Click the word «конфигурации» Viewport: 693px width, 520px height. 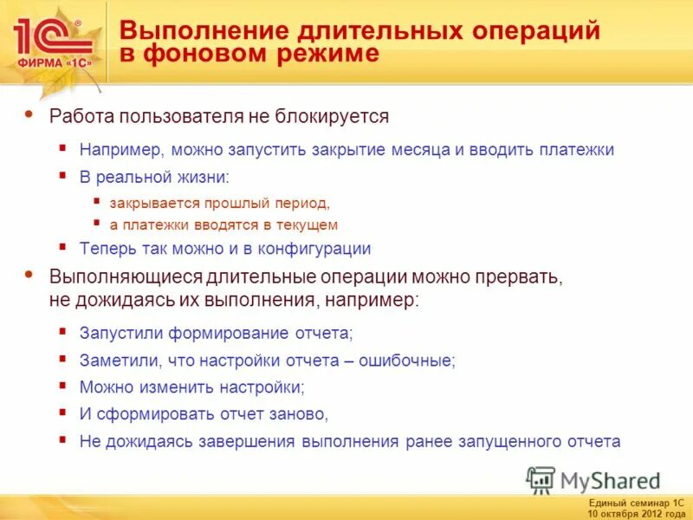311,249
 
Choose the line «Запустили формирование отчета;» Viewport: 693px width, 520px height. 217,332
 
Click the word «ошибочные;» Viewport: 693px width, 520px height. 411,360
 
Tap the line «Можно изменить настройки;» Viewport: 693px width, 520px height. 192,387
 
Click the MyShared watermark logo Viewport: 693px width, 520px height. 593,479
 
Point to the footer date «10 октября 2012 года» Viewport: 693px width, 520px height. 636,511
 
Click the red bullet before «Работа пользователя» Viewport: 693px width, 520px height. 31,113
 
